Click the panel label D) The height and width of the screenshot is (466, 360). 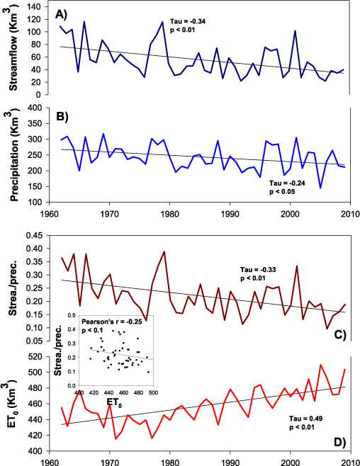[338, 443]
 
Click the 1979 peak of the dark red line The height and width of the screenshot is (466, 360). [164, 251]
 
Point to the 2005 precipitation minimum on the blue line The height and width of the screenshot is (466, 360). [320, 188]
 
